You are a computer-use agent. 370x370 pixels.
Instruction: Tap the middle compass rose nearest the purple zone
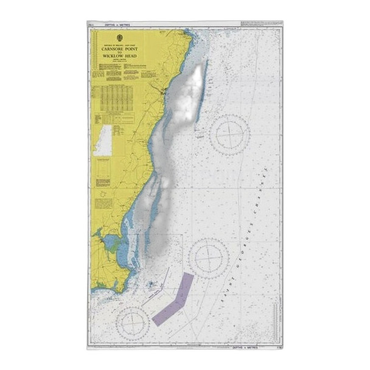click(x=208, y=258)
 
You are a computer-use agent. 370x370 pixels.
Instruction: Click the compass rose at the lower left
click(x=132, y=322)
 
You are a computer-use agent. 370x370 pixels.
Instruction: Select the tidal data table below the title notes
click(x=113, y=97)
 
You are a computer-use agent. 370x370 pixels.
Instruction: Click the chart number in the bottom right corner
click(x=277, y=347)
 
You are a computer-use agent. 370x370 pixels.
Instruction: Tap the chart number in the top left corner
click(x=91, y=25)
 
